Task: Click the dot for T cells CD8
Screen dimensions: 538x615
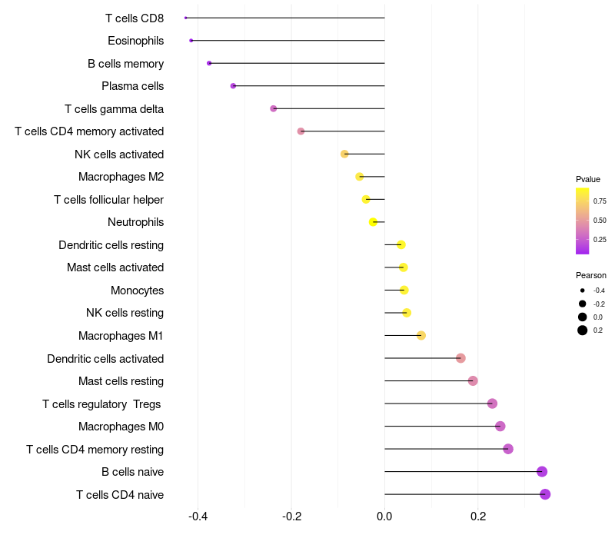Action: click(x=186, y=18)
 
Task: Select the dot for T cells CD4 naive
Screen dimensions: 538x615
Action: click(x=545, y=494)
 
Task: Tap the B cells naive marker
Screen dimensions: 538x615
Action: click(x=542, y=472)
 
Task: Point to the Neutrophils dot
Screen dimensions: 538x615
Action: click(x=374, y=222)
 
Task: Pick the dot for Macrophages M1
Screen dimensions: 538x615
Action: click(x=421, y=335)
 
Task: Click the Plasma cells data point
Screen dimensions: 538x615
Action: click(x=233, y=86)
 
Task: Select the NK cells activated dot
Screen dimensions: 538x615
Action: click(x=345, y=154)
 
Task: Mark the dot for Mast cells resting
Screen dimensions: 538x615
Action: click(x=473, y=380)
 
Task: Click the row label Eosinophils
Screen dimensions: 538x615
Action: click(x=135, y=41)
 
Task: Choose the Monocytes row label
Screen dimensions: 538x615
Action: click(x=137, y=291)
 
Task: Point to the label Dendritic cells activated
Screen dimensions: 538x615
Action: click(x=105, y=359)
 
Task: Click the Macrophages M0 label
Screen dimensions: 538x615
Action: click(x=121, y=427)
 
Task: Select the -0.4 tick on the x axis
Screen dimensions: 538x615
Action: click(x=198, y=516)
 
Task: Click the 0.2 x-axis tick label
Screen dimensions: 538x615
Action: click(x=478, y=516)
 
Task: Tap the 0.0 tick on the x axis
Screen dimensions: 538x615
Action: click(x=384, y=516)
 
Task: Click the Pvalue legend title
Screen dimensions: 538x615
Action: click(x=588, y=179)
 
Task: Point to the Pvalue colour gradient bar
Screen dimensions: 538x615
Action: click(x=583, y=221)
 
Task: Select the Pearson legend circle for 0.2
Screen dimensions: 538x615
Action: click(x=583, y=330)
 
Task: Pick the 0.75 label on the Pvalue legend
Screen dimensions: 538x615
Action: click(x=600, y=201)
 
